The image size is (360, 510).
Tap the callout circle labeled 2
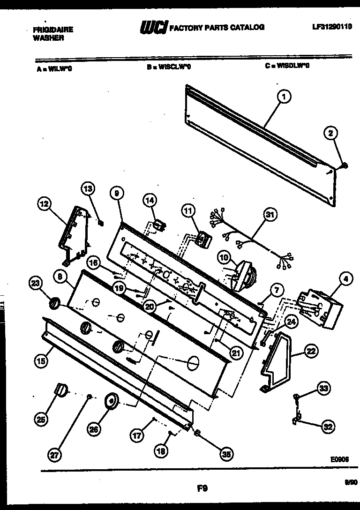(x=331, y=134)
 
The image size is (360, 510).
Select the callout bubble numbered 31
(x=269, y=216)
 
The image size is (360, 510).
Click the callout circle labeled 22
(x=311, y=351)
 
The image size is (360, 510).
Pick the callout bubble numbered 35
(x=227, y=453)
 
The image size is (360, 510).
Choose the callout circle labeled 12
(x=44, y=204)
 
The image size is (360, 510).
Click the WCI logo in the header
(x=154, y=28)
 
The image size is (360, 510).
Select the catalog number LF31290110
(x=331, y=27)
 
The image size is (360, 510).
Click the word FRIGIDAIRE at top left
(x=53, y=29)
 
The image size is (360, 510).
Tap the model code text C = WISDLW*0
(x=287, y=66)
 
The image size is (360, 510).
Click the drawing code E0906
(x=338, y=461)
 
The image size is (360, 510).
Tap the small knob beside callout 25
(x=61, y=389)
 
